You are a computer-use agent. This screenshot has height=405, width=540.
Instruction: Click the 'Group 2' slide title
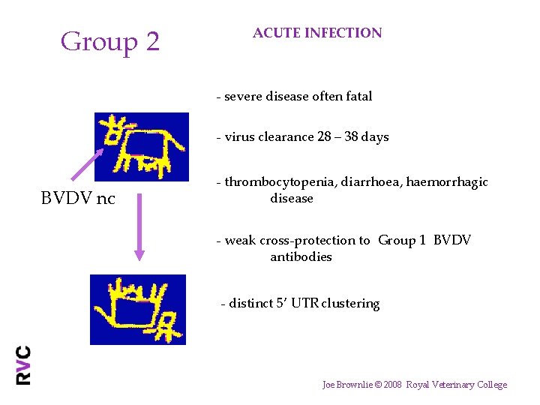pos(110,41)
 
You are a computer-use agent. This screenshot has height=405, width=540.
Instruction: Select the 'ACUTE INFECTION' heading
pos(317,33)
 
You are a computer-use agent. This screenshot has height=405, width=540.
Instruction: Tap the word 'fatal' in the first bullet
pos(357,96)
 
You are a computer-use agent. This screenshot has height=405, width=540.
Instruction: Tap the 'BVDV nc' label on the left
pos(78,199)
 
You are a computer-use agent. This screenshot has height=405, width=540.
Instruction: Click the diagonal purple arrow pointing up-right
pos(87,164)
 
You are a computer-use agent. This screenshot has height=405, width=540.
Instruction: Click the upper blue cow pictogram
pos(142,147)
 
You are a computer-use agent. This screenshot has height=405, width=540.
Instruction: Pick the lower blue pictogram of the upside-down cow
pos(138,309)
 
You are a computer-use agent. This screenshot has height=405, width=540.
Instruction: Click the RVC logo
pos(24,364)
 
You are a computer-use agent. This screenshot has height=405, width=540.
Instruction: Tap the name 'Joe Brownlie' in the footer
pos(345,385)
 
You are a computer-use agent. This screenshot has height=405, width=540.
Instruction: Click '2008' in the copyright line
pos(393,385)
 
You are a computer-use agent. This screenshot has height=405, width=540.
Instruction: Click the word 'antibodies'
pos(301,257)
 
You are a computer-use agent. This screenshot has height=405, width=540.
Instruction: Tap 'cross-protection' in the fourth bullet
pos(314,241)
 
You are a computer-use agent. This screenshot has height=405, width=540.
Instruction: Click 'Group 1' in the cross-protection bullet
pos(402,241)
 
